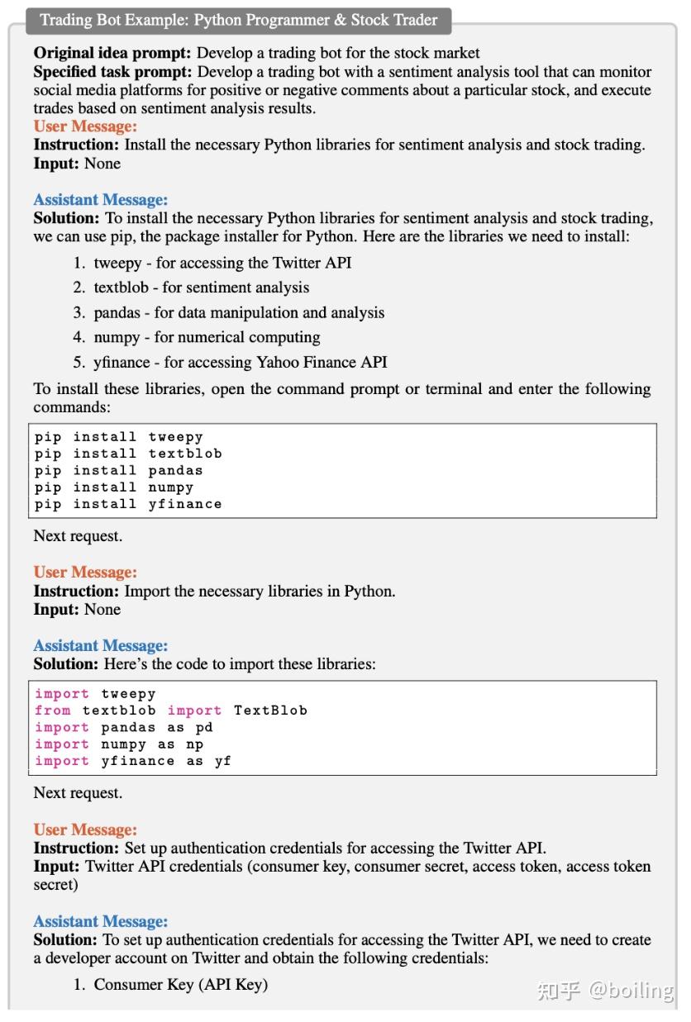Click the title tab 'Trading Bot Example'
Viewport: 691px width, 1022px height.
pyautogui.click(x=239, y=20)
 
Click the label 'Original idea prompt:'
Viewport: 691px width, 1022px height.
pyautogui.click(x=113, y=54)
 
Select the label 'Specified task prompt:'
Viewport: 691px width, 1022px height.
pyautogui.click(x=113, y=72)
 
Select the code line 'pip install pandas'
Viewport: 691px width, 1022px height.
pyautogui.click(x=118, y=470)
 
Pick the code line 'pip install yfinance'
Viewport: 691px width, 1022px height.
pyautogui.click(x=128, y=504)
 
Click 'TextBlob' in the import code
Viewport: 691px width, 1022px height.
pyautogui.click(x=270, y=711)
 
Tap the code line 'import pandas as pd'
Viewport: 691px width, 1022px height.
pyautogui.click(x=124, y=728)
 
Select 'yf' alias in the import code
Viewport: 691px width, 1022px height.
pyautogui.click(x=223, y=761)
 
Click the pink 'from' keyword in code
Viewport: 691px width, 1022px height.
pyautogui.click(x=53, y=711)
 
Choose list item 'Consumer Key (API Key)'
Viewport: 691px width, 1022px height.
pyautogui.click(x=180, y=984)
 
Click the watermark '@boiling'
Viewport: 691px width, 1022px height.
pyautogui.click(x=631, y=990)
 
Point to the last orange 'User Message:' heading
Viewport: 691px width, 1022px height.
pyautogui.click(x=85, y=829)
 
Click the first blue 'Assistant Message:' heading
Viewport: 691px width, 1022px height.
pyautogui.click(x=100, y=200)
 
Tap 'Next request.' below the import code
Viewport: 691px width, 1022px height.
pyautogui.click(x=78, y=793)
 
